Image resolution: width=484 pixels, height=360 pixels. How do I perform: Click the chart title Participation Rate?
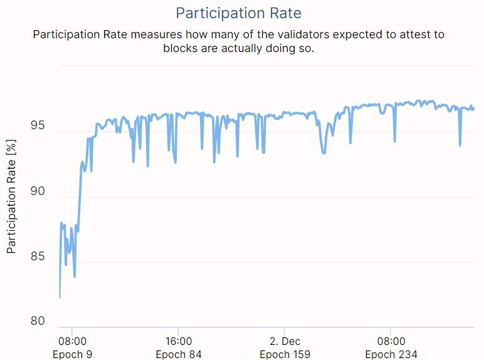coord(238,13)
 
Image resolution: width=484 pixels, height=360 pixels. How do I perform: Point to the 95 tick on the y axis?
coord(38,126)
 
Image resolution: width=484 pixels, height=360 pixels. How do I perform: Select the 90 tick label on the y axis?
coord(38,191)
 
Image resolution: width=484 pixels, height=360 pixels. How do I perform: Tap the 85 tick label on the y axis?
coord(38,257)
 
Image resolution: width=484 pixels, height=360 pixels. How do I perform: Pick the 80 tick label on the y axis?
coord(38,321)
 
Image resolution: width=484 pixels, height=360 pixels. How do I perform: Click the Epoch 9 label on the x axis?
coord(72,354)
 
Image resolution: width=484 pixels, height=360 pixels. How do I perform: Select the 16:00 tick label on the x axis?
coord(179,341)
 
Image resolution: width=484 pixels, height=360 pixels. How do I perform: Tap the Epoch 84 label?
coord(179,354)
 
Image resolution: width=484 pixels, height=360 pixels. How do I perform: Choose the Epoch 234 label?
coord(391,354)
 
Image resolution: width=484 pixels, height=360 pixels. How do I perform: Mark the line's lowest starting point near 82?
coord(60,297)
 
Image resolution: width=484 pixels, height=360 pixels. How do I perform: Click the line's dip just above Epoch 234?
coord(394,141)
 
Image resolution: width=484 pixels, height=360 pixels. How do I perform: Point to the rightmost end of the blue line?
coord(474,109)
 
